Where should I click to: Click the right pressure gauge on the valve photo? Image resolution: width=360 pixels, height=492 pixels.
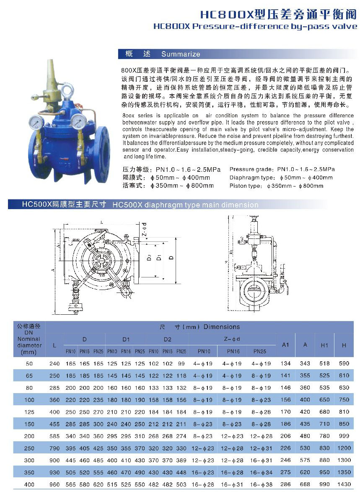click(77, 121)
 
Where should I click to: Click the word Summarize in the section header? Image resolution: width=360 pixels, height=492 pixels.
click(181, 54)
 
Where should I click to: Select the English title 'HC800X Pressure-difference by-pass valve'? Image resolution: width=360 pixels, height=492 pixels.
click(255, 26)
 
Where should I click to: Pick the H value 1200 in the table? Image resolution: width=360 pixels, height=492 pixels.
click(344, 448)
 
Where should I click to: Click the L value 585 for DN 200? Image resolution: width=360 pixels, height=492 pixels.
click(54, 436)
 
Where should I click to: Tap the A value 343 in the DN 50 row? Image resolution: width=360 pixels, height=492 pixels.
click(305, 363)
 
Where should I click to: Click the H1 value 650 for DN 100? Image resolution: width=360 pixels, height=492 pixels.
click(324, 400)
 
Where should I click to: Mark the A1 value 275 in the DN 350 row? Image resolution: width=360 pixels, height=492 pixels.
click(286, 472)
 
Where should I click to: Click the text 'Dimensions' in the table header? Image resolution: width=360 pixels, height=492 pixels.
click(222, 327)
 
